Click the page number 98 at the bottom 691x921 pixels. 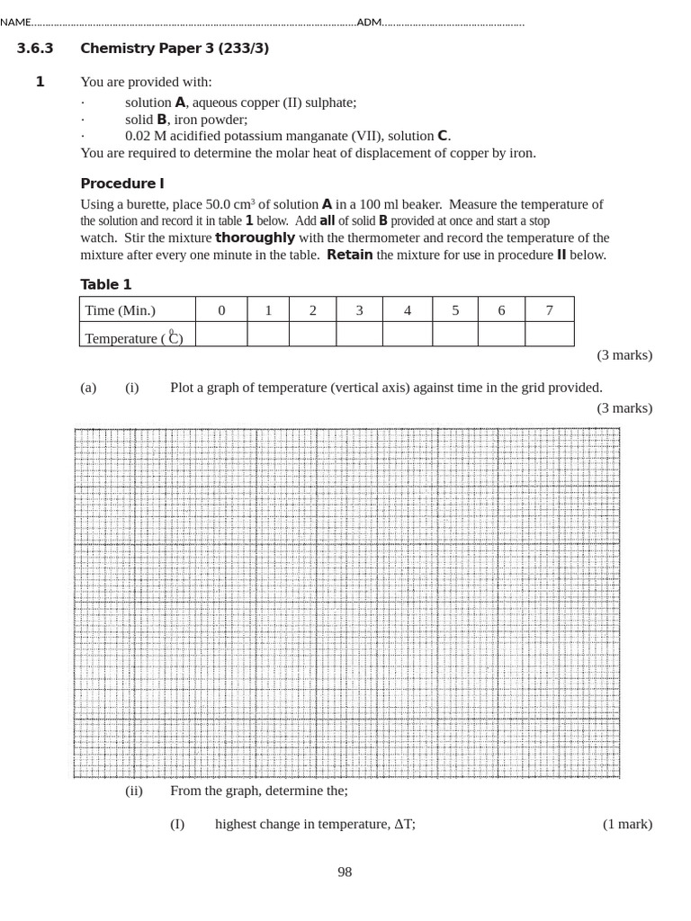click(345, 872)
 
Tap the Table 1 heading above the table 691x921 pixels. click(106, 284)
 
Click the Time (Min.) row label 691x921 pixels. click(120, 310)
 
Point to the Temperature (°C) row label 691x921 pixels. click(133, 338)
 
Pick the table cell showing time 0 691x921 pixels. click(221, 310)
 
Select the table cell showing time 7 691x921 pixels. click(549, 310)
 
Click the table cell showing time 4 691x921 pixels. click(408, 310)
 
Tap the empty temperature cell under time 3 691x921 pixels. click(359, 335)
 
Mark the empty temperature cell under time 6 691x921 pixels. click(501, 335)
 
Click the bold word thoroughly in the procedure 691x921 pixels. click(255, 238)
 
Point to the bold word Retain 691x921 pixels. click(349, 255)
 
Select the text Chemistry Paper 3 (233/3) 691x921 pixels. click(175, 49)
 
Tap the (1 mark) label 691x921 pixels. click(627, 824)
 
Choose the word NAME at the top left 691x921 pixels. click(15, 22)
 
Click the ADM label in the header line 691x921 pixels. click(369, 22)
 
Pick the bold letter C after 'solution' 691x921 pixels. click(442, 136)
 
